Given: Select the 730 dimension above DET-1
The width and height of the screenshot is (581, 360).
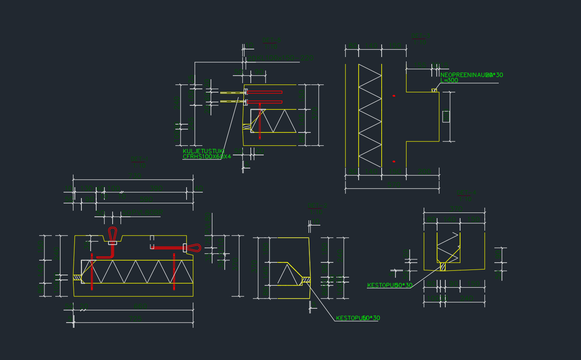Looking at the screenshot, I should point(134,175).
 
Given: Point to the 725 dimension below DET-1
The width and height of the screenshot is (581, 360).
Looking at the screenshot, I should point(135,319).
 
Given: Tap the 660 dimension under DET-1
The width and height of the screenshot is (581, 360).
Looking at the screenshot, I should point(141,306).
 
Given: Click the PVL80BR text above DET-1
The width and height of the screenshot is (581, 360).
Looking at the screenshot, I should point(142,212).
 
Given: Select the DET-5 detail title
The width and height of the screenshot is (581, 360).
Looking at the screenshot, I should point(272,41).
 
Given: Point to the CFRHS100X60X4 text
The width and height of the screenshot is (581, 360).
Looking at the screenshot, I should point(207,156).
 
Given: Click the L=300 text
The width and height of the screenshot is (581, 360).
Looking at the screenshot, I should point(449,81).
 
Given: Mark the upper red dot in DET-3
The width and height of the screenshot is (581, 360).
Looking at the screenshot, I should point(394,95).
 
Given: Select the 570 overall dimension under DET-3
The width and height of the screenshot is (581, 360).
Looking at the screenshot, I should point(394,184).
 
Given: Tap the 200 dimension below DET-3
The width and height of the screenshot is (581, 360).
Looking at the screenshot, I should point(425,172).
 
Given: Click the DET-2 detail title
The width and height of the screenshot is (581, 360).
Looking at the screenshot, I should point(317,205).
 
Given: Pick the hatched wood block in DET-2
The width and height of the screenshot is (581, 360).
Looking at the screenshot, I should point(306,279).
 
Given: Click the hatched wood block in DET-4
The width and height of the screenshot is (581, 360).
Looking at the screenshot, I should point(443,266).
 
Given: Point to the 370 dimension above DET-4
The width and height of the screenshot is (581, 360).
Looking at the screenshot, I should point(456,208).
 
